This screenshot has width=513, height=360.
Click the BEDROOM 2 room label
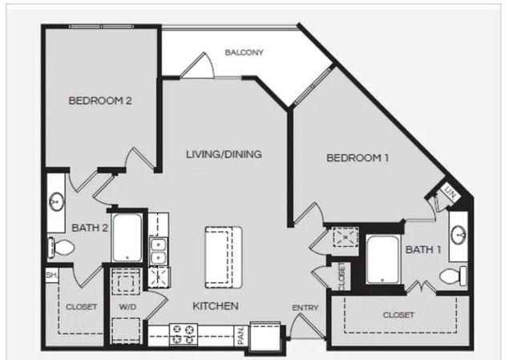[x=99, y=101]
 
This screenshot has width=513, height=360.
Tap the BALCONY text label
[x=244, y=53]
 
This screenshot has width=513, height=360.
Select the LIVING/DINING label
[x=224, y=154]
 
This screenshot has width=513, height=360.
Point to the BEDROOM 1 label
[x=357, y=158]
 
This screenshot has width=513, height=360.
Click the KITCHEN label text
[x=215, y=305]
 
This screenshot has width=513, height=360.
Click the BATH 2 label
[x=90, y=228]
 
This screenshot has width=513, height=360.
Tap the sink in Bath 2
[x=57, y=200]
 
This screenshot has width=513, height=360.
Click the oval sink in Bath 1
[x=457, y=235]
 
